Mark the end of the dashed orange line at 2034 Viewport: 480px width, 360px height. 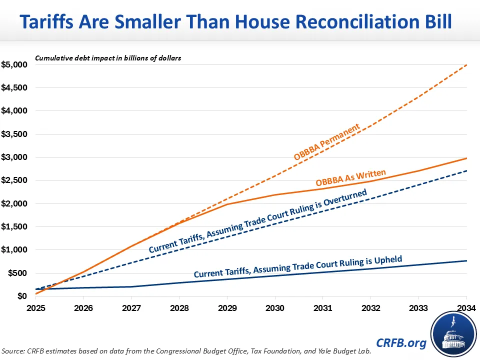point(466,65)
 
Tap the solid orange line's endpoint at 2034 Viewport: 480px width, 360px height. point(466,158)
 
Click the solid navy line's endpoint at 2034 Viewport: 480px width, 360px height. point(466,261)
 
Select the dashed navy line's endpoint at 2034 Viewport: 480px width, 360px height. point(466,171)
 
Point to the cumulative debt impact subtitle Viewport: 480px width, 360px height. point(107,58)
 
